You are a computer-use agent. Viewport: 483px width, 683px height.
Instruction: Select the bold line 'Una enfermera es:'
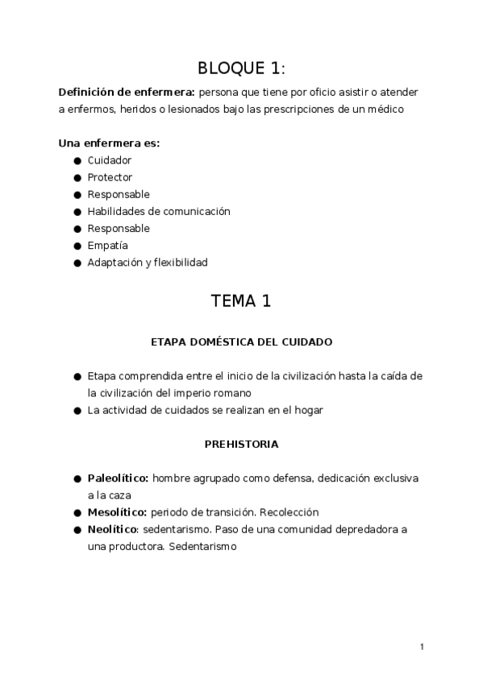click(x=109, y=143)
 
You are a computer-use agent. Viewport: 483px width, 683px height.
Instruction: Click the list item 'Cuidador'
click(x=110, y=160)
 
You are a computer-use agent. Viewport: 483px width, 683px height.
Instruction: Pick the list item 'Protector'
click(x=110, y=177)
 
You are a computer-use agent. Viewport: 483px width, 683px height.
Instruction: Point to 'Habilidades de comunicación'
click(x=159, y=211)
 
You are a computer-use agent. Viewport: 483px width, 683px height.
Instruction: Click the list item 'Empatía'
click(x=108, y=245)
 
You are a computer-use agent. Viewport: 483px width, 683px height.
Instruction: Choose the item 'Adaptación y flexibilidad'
click(x=148, y=262)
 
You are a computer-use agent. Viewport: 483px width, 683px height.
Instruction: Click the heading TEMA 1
click(x=241, y=301)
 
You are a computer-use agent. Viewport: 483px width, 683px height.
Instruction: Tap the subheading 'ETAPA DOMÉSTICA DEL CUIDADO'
click(x=241, y=341)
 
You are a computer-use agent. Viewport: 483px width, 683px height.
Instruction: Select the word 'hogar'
click(x=307, y=410)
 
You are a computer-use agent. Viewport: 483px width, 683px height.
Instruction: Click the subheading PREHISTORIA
click(x=241, y=444)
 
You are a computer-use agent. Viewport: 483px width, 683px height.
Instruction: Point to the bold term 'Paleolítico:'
click(x=118, y=478)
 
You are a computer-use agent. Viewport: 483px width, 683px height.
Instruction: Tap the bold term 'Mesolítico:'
click(x=117, y=512)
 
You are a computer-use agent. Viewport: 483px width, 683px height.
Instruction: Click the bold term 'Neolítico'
click(x=113, y=529)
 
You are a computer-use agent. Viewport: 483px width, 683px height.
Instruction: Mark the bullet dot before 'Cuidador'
click(x=77, y=160)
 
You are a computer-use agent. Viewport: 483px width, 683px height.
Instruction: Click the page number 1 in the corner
click(x=422, y=646)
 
